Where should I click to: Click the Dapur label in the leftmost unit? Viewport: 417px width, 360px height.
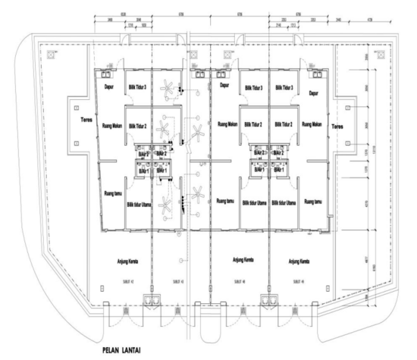108,86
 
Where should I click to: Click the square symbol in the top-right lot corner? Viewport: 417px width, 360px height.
376,55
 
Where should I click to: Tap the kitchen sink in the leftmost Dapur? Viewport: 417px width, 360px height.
108,75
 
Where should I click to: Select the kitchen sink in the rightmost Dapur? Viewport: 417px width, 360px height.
313,75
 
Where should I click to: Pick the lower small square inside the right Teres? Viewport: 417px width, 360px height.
347,142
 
